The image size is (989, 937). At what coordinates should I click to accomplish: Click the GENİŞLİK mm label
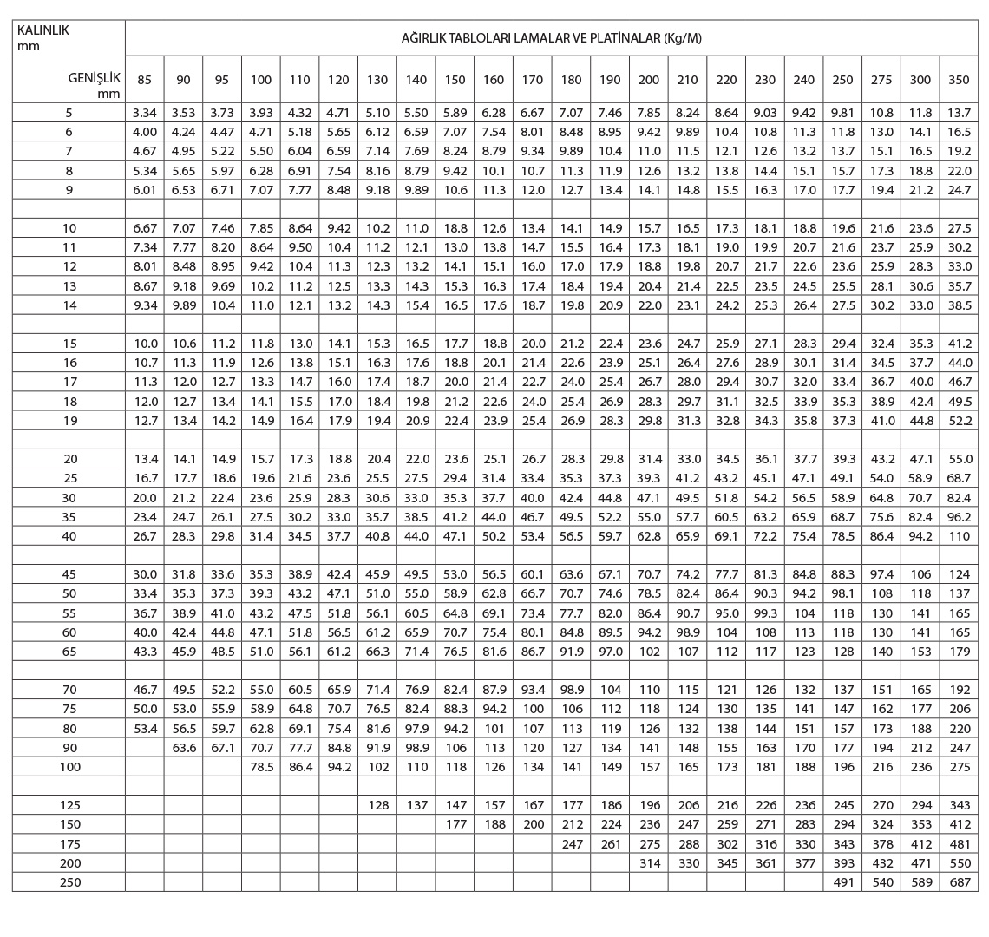tap(94, 83)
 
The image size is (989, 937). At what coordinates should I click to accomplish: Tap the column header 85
tap(144, 80)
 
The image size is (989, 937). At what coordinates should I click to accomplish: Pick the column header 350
tap(960, 80)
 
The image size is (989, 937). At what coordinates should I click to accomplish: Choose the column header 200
tap(649, 80)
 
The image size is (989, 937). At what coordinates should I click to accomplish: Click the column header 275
tap(881, 80)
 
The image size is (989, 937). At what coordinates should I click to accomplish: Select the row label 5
tap(69, 113)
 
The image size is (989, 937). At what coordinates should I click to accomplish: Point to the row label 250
tap(69, 881)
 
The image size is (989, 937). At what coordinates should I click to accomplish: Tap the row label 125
tap(69, 805)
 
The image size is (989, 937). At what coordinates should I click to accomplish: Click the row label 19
tap(69, 420)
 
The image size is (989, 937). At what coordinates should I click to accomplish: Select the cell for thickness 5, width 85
tap(144, 113)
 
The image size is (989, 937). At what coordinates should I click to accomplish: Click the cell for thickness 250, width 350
tap(960, 881)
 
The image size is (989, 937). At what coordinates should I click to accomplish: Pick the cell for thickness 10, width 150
tap(455, 228)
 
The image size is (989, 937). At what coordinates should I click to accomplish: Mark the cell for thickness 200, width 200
tap(649, 862)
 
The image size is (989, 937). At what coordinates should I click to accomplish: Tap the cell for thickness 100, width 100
tap(260, 766)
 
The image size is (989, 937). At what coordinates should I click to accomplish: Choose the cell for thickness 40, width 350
tap(960, 536)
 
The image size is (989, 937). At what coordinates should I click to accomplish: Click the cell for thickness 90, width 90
tap(183, 747)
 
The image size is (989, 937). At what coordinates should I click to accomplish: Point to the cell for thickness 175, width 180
tap(572, 843)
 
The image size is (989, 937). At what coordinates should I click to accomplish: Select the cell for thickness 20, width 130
tap(377, 459)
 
